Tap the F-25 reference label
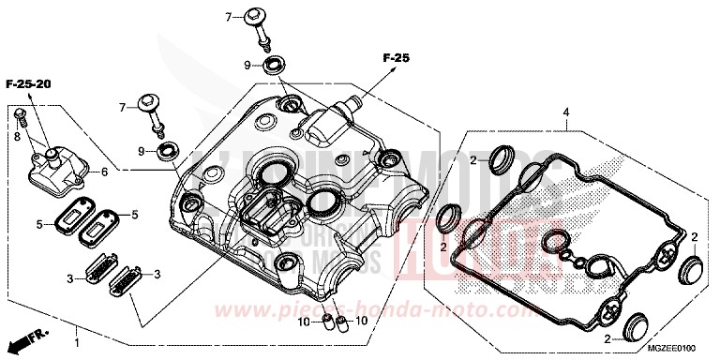(x=397, y=58)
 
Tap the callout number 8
(x=16, y=137)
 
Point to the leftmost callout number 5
(x=40, y=223)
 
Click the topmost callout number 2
(x=475, y=160)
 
